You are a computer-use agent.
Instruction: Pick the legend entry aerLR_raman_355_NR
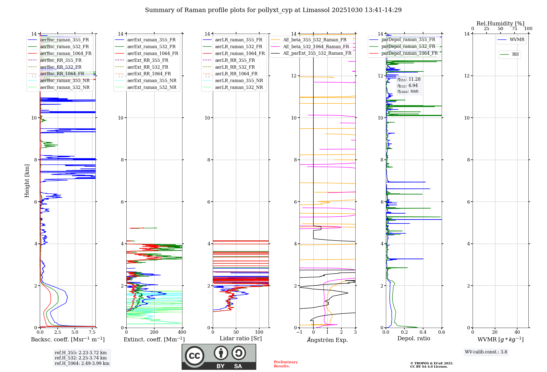point(239,81)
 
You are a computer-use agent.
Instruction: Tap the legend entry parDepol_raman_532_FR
point(408,47)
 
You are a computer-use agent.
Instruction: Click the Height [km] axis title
point(27,181)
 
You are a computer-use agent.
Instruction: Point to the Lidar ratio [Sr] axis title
point(241,339)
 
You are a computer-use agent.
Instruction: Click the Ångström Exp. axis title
point(327,340)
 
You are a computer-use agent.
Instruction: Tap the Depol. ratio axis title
point(414,339)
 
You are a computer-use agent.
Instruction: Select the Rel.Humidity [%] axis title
point(500,24)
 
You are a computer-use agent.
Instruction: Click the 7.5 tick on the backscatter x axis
point(92,332)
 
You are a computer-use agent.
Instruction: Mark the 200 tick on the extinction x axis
point(154,332)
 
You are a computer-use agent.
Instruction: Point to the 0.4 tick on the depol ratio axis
point(423,332)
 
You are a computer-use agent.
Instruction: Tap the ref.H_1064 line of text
point(82,364)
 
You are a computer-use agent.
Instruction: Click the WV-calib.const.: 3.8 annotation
point(486,352)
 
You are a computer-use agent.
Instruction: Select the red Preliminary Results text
point(286,364)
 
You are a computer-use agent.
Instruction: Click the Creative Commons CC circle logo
point(194,356)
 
